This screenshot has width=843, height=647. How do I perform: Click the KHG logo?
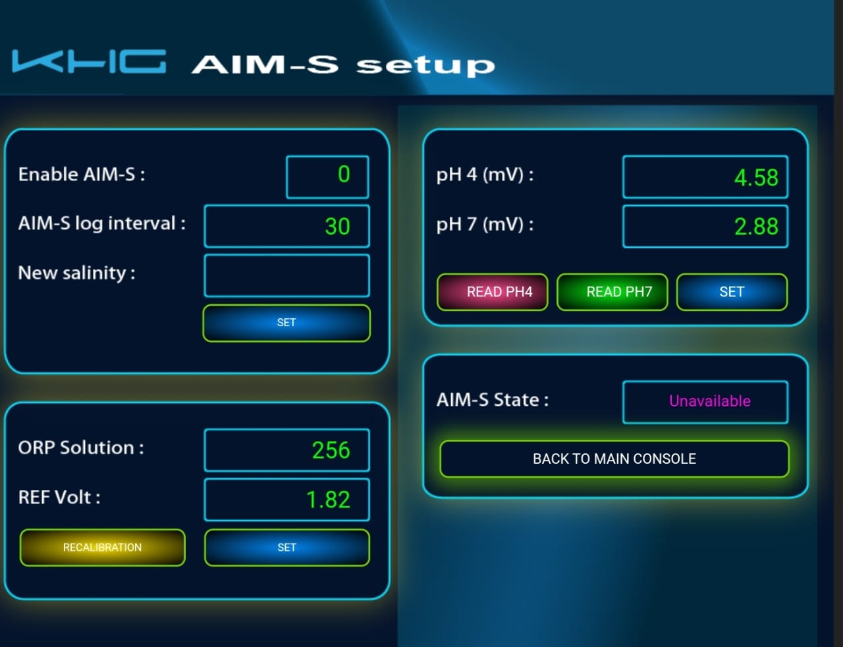[89, 61]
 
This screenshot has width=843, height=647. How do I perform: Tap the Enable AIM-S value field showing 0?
[327, 177]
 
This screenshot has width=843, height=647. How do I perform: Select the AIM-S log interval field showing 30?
[286, 226]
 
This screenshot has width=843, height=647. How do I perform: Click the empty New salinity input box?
[286, 275]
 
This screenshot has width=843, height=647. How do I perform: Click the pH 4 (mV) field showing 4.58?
[705, 177]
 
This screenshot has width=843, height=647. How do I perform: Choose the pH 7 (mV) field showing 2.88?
[705, 226]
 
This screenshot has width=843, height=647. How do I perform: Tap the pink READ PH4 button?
[493, 292]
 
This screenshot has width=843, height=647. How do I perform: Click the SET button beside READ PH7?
[732, 292]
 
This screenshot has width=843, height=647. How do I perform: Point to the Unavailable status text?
[710, 401]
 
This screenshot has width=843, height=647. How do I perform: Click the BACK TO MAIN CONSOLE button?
[614, 459]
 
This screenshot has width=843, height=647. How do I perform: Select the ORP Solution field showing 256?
[286, 450]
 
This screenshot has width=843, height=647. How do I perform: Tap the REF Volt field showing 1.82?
[286, 499]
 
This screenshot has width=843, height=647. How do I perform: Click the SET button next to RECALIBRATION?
[286, 548]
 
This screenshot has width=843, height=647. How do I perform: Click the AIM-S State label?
[493, 400]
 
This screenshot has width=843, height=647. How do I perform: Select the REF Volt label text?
[59, 497]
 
